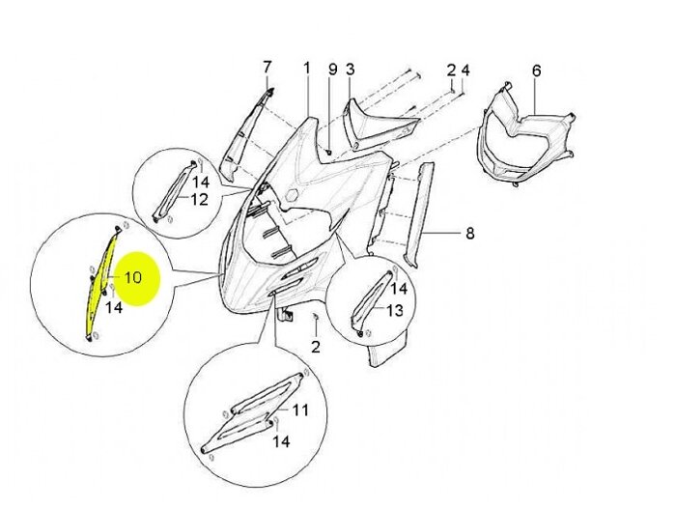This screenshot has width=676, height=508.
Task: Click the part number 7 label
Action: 268,67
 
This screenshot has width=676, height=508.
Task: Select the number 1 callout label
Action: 307,69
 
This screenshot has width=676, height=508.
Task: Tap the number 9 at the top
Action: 332,70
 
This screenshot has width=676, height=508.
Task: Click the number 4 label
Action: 465,71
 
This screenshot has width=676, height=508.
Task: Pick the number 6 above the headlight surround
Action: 537,71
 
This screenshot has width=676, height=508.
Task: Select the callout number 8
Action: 470,233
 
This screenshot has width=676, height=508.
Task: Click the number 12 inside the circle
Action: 199,200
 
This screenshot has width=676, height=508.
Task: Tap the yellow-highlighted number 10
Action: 133,277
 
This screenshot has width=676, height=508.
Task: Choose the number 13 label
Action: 395,311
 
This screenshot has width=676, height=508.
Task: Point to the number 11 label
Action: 300,410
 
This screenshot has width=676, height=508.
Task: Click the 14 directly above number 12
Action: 201,182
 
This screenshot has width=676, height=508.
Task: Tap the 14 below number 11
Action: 280,441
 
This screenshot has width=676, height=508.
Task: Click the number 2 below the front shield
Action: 315,345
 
